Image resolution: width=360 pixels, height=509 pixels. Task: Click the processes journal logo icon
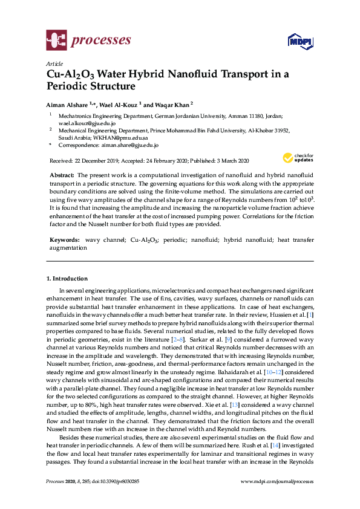pyautogui.click(x=56, y=41)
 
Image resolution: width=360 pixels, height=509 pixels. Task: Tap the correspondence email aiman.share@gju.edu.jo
pyautogui.click(x=128, y=145)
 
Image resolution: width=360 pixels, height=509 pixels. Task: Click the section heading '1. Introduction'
pyautogui.click(x=67, y=279)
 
